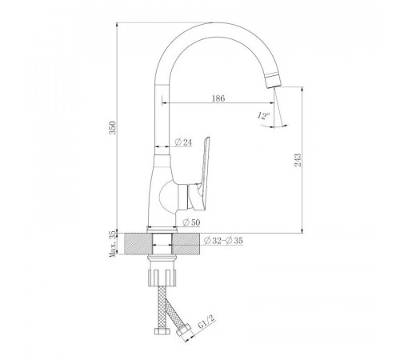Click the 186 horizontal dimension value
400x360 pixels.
click(218, 98)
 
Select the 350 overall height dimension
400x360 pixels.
click(113, 128)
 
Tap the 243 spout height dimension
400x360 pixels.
click(298, 160)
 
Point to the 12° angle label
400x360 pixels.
click(263, 116)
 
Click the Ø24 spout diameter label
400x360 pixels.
click(183, 142)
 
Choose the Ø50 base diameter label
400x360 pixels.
click(191, 222)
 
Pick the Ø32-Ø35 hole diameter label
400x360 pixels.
click(223, 241)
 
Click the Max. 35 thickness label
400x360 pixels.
click(113, 244)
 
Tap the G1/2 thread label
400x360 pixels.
click(206, 322)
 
